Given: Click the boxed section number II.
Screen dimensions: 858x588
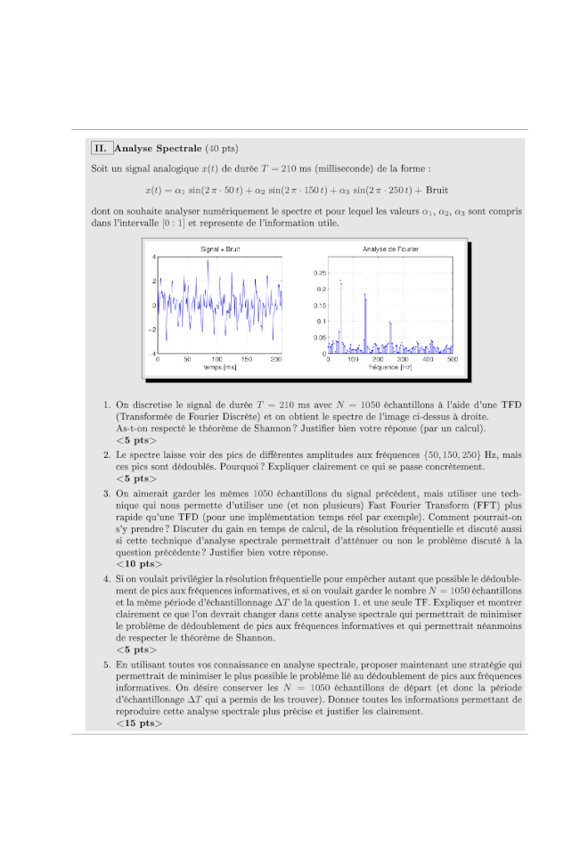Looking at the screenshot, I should tap(101, 148).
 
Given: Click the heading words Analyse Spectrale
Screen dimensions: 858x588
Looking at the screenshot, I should tap(158, 148).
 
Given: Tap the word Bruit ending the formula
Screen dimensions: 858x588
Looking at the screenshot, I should tap(437, 190).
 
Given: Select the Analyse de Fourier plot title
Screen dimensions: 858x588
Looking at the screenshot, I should tap(390, 249).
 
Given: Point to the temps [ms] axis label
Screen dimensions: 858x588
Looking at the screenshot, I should tap(218, 367).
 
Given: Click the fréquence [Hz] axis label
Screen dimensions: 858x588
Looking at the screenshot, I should tap(390, 367).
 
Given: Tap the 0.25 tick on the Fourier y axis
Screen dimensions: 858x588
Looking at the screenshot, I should tap(320, 273).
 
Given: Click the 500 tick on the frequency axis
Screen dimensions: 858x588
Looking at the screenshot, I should tap(452, 359).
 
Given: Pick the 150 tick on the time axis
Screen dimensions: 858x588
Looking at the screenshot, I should tap(247, 359).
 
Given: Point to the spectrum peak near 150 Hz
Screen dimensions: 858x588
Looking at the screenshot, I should tap(365, 296).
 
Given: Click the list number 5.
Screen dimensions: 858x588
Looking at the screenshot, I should tap(107, 665).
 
